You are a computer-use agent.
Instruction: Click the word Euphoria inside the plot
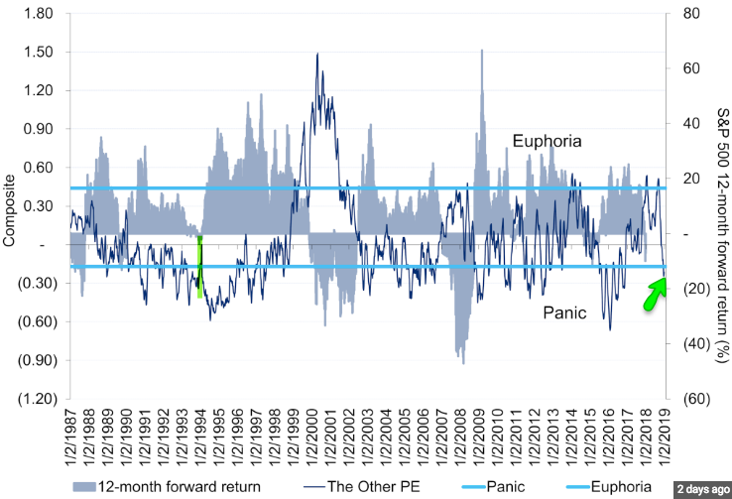[547, 141]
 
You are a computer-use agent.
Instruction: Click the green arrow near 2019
[655, 294]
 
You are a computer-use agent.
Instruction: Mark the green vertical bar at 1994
[199, 266]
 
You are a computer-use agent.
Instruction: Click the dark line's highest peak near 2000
[317, 54]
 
